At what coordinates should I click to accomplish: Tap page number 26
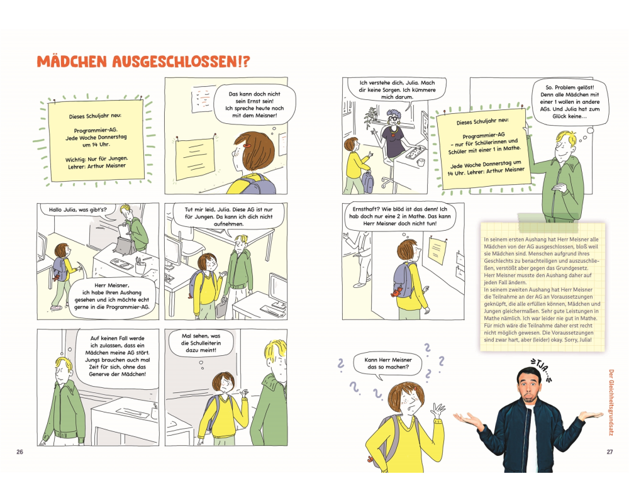[19, 451]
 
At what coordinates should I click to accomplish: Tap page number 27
[610, 451]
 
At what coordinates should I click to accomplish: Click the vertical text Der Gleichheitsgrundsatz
[611, 402]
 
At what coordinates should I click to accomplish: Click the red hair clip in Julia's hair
[247, 146]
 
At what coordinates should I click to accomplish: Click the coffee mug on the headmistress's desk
[421, 162]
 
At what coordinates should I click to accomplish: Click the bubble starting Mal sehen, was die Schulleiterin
[201, 344]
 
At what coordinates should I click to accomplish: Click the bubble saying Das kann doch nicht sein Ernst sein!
[254, 104]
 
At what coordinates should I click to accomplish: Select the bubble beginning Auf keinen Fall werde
[117, 357]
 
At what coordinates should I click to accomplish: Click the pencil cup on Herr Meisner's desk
[140, 265]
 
